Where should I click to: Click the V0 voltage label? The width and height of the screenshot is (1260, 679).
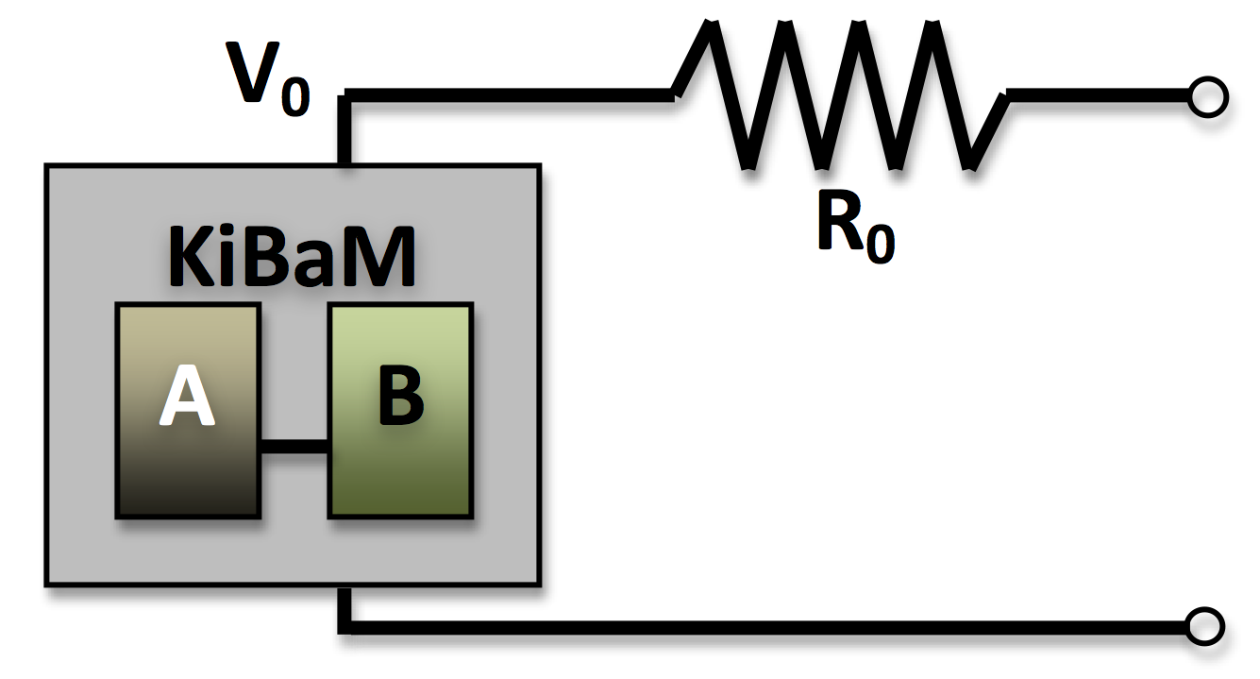coord(269,79)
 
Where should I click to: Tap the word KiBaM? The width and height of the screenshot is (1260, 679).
coord(293,257)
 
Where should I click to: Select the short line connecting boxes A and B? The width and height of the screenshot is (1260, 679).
coord(294,448)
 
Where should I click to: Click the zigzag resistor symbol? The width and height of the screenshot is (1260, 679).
coord(840,94)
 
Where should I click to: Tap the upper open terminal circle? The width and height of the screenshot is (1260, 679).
coord(1207,97)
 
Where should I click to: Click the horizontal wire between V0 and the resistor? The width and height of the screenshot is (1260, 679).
coord(510,94)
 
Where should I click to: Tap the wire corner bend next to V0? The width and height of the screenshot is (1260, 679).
coord(348,95)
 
